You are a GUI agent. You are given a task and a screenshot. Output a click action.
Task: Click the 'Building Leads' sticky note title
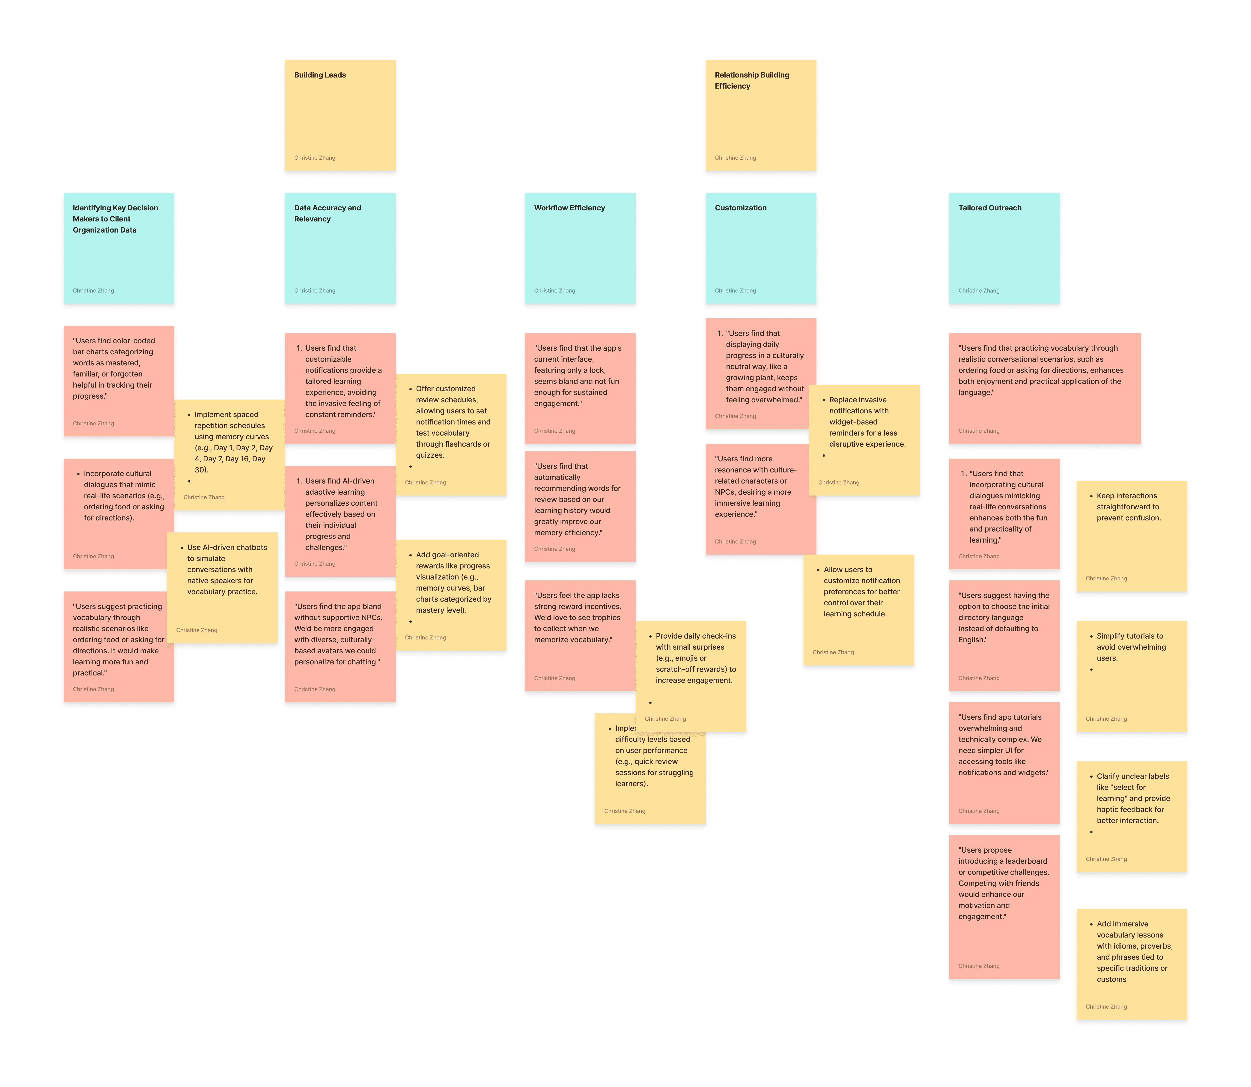coord(320,75)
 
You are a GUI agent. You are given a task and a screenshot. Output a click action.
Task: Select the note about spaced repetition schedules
coord(230,443)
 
